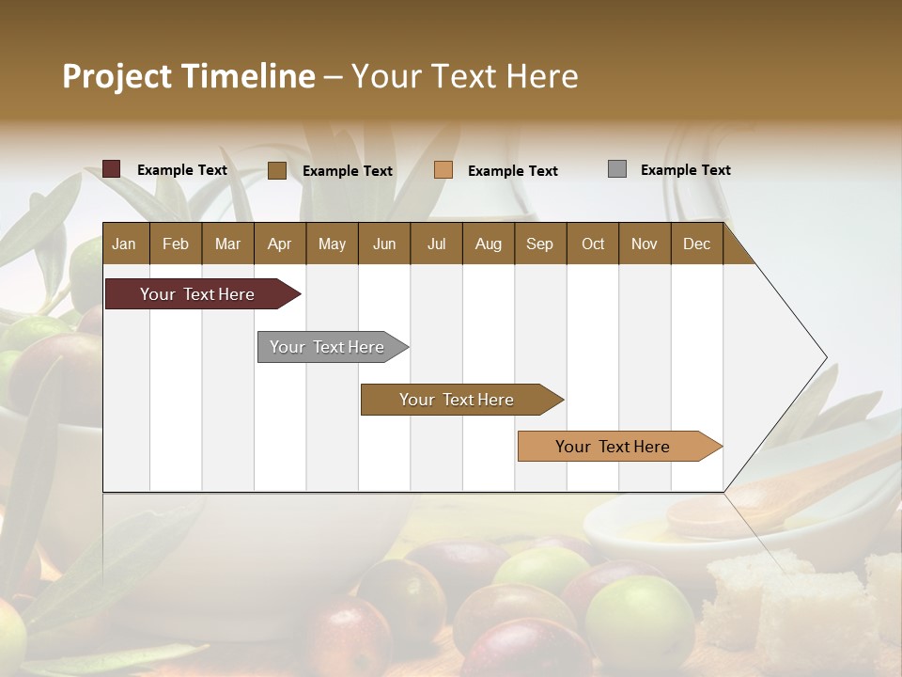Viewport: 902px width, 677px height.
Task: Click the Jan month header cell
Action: [124, 244]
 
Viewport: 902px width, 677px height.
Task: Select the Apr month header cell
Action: [279, 244]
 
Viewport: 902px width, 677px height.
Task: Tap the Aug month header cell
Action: [488, 244]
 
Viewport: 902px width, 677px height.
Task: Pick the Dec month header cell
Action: [696, 244]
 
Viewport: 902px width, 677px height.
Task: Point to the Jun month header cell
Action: [383, 244]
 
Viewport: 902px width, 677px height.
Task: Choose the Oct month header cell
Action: [592, 244]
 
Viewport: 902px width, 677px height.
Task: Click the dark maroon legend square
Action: [112, 169]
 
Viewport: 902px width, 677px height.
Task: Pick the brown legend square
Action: [277, 170]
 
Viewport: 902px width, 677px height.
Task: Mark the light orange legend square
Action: [443, 170]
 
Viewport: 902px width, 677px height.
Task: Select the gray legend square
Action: [617, 169]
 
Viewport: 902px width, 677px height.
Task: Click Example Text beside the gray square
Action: [685, 170]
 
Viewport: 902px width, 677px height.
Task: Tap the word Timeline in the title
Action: [249, 76]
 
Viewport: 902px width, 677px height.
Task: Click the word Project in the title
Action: [117, 76]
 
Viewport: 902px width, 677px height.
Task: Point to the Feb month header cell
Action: [176, 244]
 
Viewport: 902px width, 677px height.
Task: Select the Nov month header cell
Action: [644, 244]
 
